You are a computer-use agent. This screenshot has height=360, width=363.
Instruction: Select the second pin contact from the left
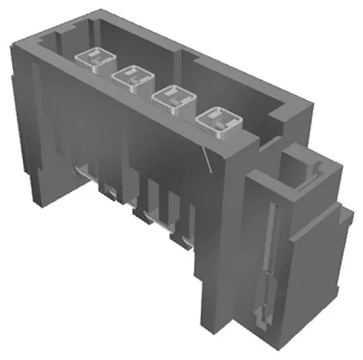[133, 77]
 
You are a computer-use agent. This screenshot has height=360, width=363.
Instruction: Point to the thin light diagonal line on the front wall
[208, 160]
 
